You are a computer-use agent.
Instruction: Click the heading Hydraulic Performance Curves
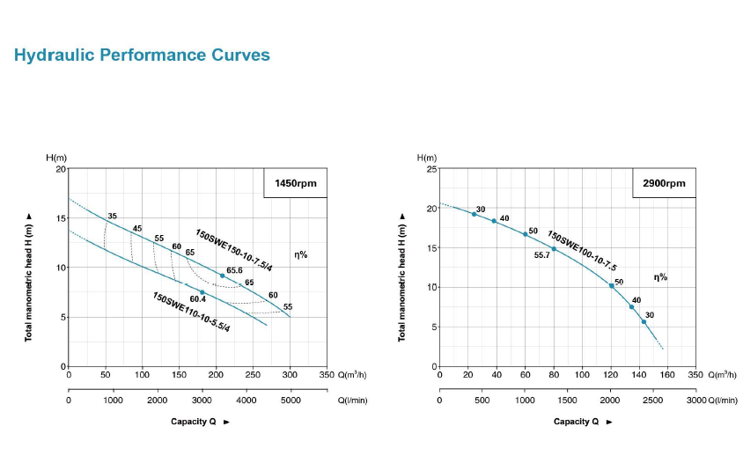142,55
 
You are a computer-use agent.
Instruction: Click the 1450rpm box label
295,184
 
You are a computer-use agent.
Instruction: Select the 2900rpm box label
664,184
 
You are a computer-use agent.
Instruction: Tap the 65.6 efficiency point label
234,270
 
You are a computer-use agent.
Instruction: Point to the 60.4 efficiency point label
197,299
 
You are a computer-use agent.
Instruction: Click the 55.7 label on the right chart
542,255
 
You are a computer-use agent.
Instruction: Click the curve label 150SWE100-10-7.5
582,250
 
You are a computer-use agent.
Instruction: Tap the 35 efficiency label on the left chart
112,216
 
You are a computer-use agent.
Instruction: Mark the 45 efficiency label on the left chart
136,229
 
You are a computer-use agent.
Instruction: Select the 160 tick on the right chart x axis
667,375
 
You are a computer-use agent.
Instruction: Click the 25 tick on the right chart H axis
431,168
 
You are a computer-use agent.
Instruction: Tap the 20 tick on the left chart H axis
61,168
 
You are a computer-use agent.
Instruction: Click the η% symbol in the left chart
300,254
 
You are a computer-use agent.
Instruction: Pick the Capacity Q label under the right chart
577,422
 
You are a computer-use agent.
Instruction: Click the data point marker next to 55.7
554,248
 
